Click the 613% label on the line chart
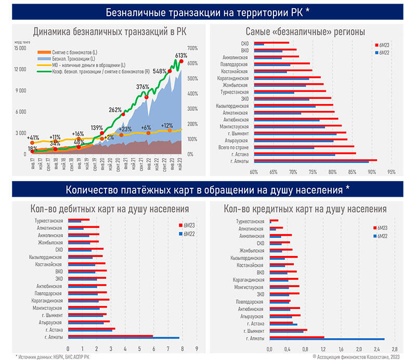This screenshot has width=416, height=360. [181, 55]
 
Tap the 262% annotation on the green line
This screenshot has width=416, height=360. [115, 110]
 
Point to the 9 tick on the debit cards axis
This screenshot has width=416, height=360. [197, 348]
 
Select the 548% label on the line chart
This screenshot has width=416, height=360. [160, 71]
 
